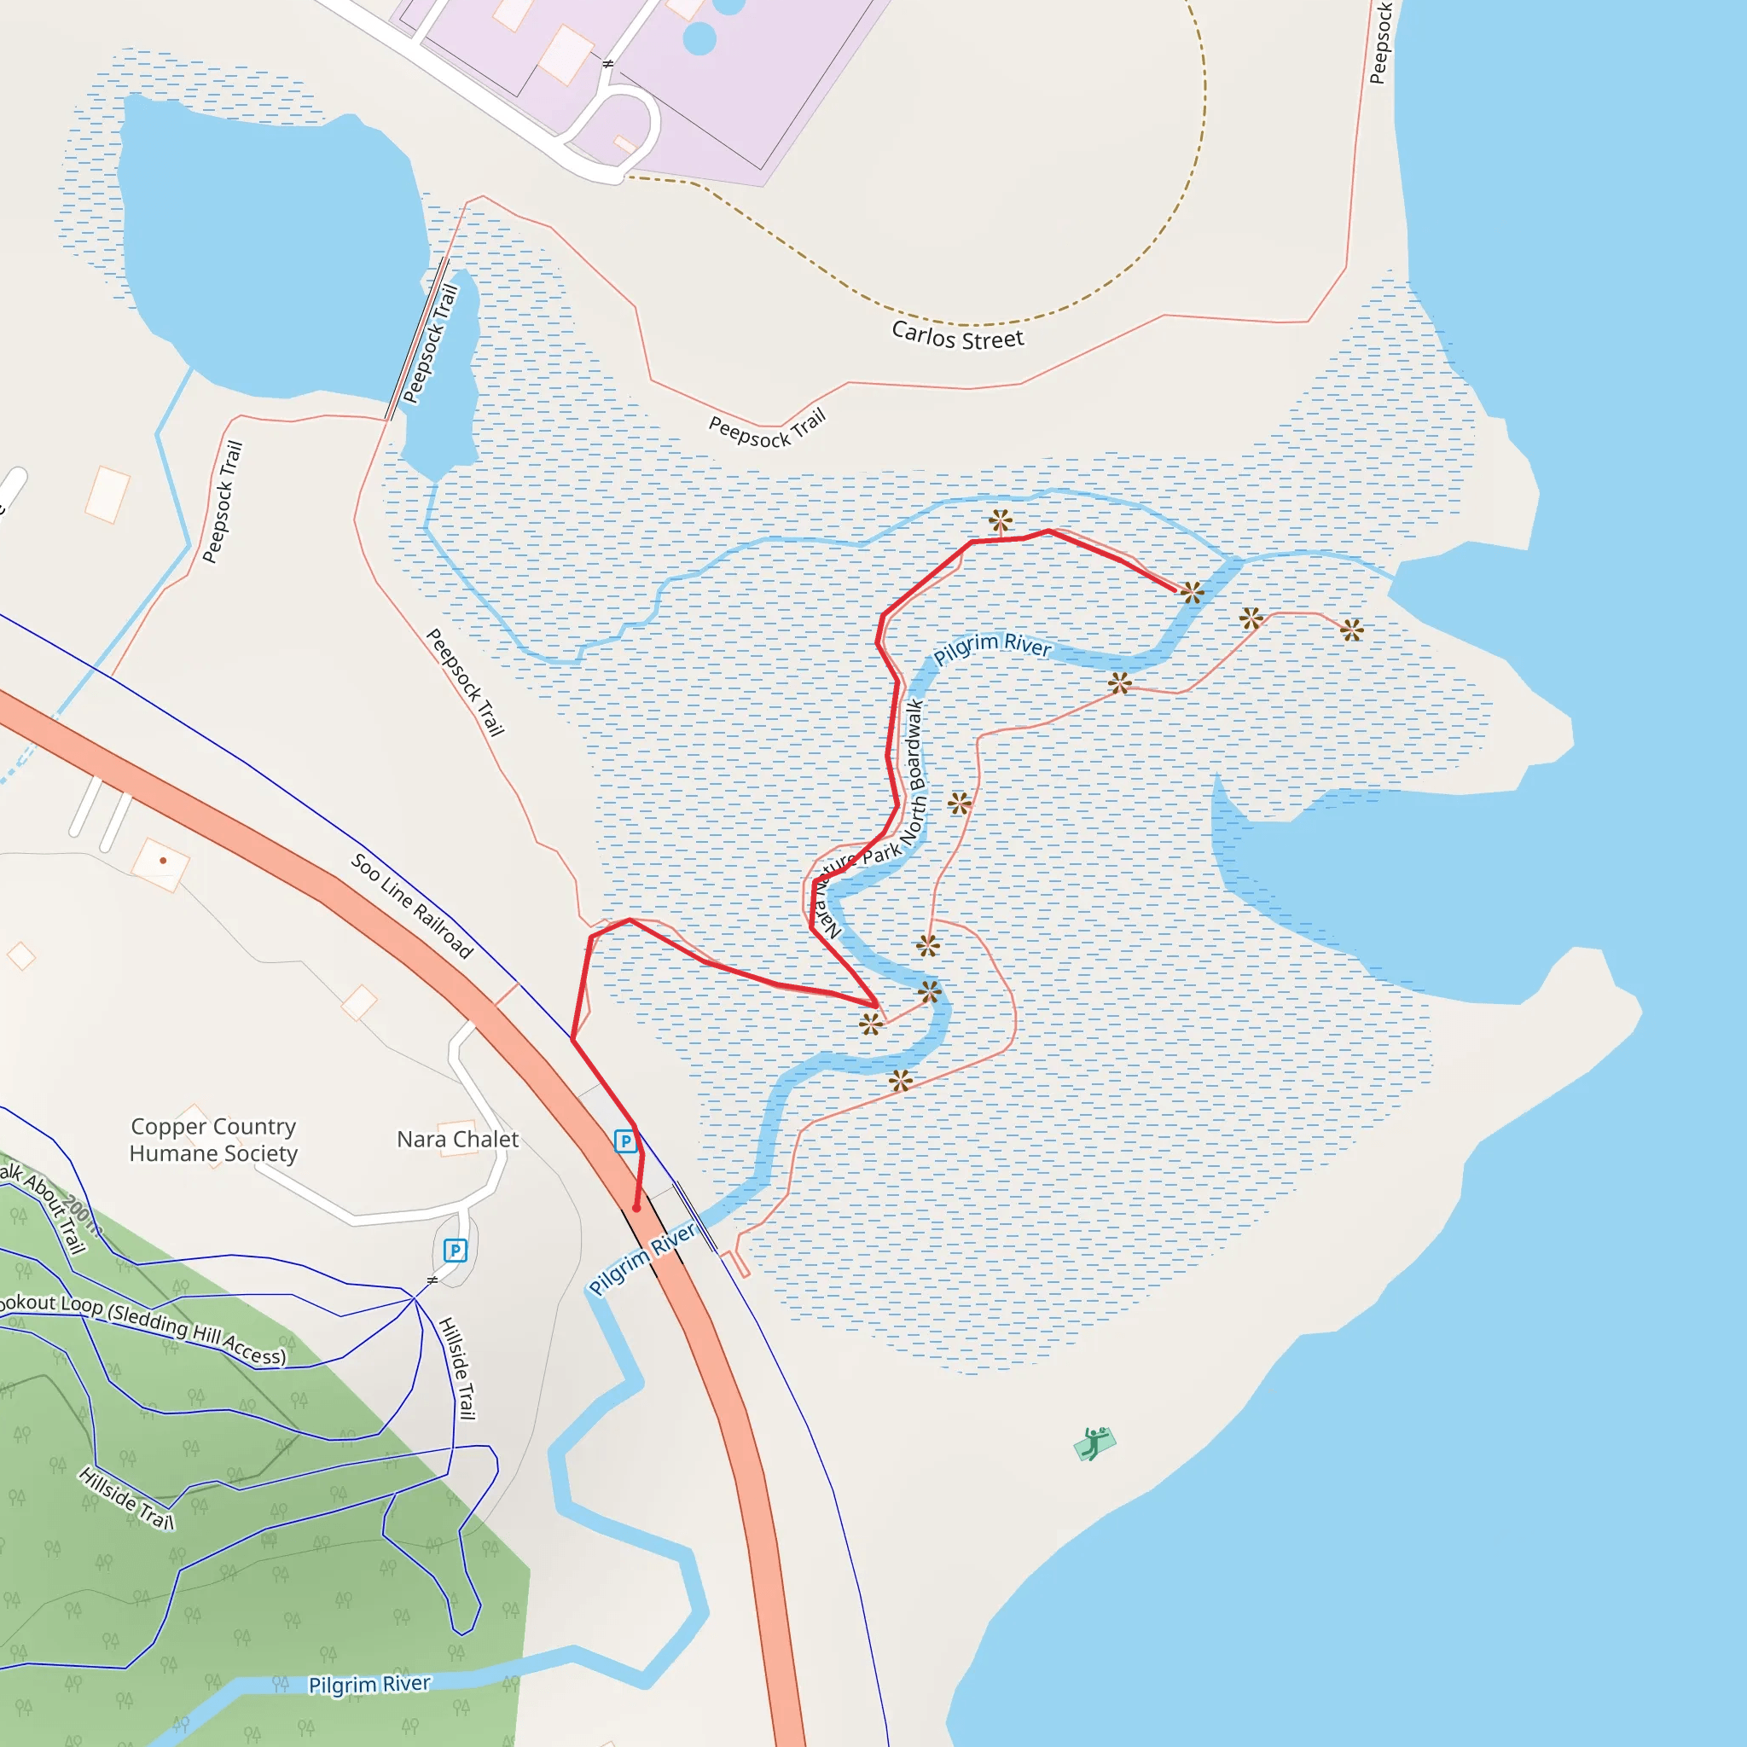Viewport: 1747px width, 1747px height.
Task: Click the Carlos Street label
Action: click(x=958, y=335)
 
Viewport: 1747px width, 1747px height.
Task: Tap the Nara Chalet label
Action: click(x=457, y=1140)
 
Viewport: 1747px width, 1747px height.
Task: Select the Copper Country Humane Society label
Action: click(x=213, y=1140)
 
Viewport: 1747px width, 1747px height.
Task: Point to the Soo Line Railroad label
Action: click(x=411, y=905)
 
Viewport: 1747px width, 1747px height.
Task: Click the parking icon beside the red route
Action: click(x=624, y=1141)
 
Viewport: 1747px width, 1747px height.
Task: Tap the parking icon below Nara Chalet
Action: click(x=455, y=1251)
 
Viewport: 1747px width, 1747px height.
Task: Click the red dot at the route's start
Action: click(x=636, y=1208)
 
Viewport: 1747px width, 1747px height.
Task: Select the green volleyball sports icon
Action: click(x=1094, y=1444)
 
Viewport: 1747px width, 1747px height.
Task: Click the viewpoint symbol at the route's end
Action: click(x=1192, y=593)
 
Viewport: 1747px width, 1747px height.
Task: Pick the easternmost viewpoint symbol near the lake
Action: click(x=1351, y=630)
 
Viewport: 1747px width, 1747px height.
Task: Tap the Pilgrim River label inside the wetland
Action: click(x=992, y=647)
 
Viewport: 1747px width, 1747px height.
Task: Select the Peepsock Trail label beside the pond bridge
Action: click(x=431, y=344)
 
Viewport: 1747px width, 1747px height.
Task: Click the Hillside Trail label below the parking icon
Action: click(x=457, y=1368)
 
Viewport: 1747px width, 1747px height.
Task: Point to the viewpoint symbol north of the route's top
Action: click(x=1000, y=521)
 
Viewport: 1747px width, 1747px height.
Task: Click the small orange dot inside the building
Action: click(x=163, y=860)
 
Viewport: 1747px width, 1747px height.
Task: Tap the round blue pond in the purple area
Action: click(x=699, y=38)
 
